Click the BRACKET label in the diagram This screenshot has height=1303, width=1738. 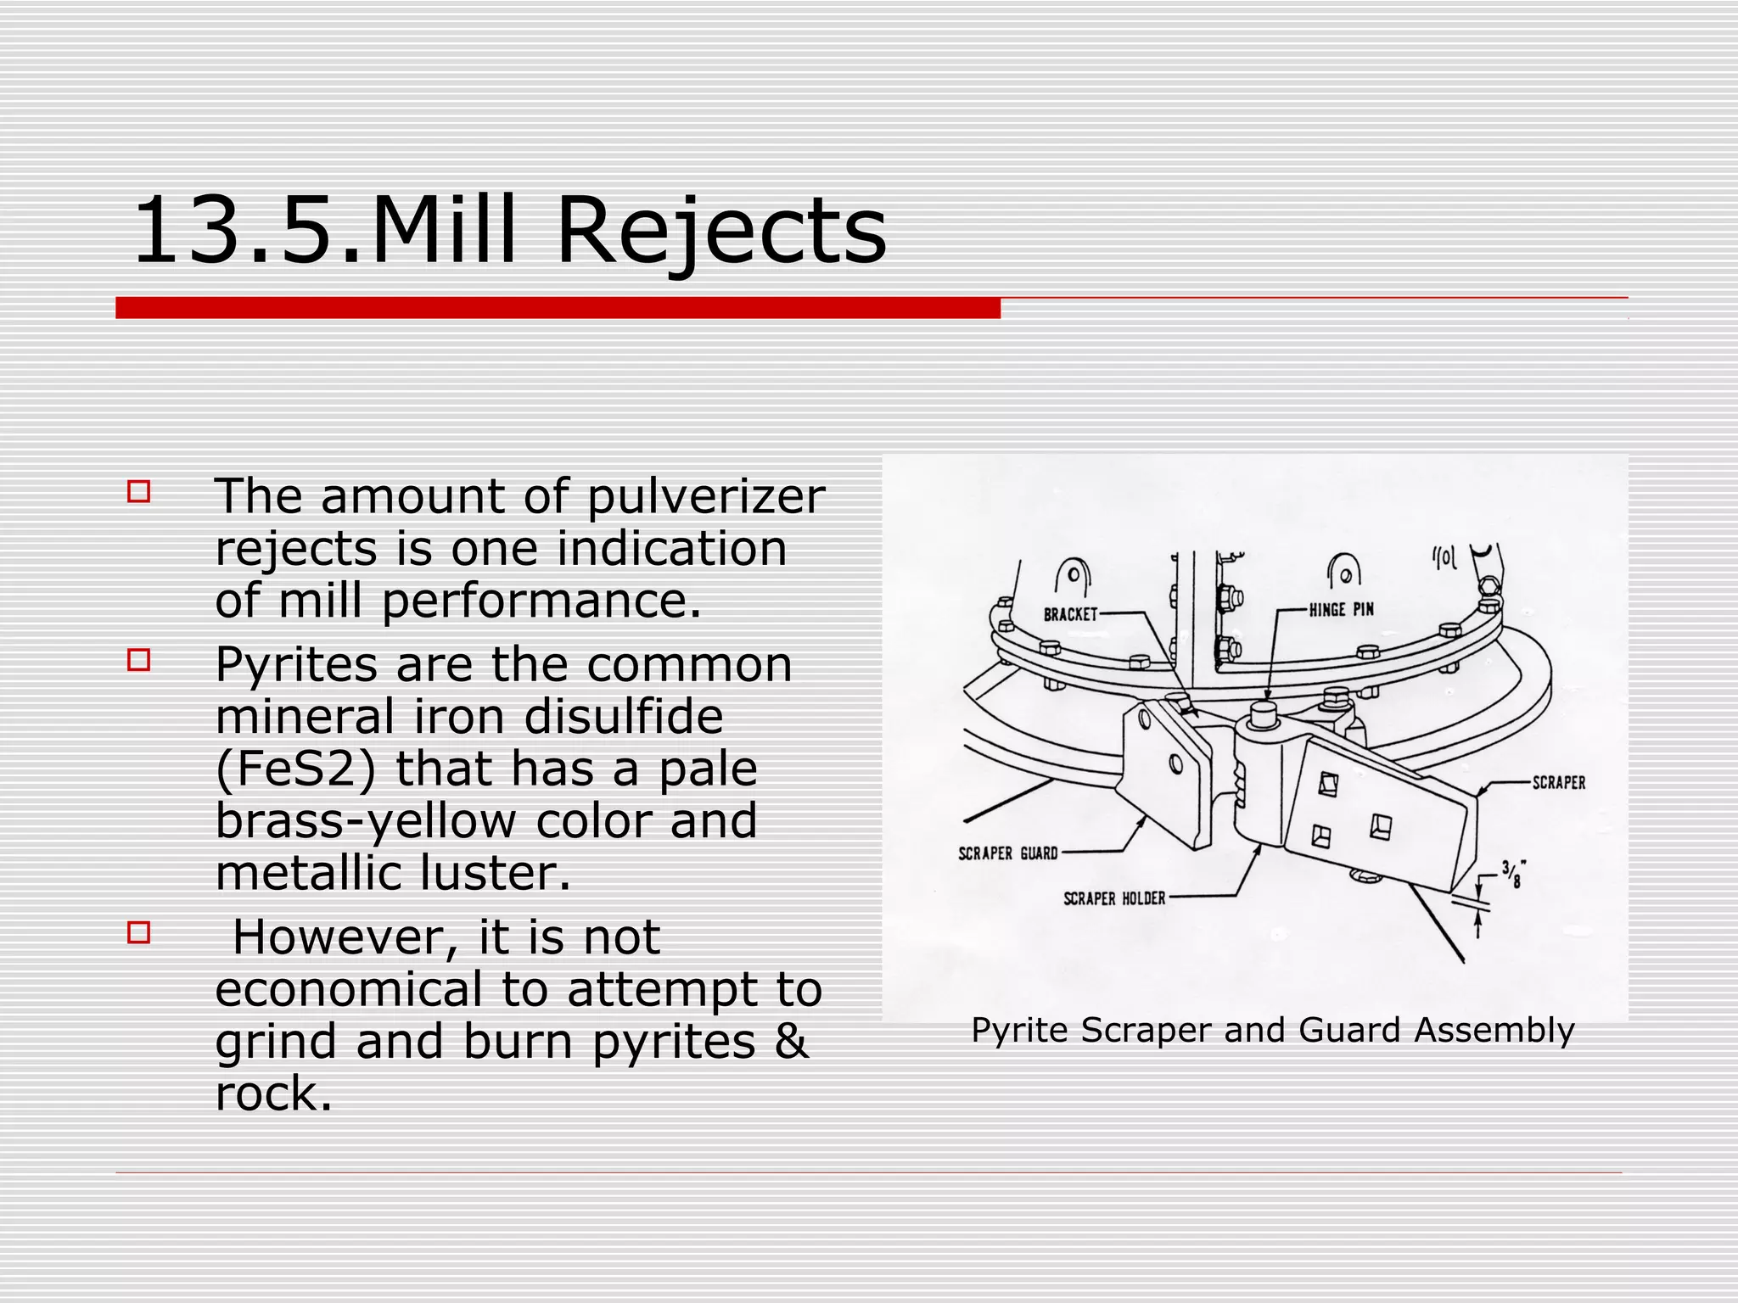(1070, 614)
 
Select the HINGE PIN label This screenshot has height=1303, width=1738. (1341, 610)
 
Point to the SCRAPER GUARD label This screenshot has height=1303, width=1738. (1007, 853)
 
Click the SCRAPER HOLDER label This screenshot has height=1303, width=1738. (1114, 898)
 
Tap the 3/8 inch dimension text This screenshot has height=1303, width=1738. (1511, 875)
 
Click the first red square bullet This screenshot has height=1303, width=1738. (139, 492)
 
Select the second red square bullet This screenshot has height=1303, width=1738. (139, 660)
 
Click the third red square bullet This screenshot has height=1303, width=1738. (139, 933)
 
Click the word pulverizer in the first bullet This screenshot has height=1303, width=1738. (705, 498)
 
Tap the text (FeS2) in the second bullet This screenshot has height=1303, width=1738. (295, 769)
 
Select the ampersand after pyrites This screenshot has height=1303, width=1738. (790, 1042)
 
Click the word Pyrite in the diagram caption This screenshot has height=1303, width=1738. (1020, 1031)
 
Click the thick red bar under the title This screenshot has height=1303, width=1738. (558, 308)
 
